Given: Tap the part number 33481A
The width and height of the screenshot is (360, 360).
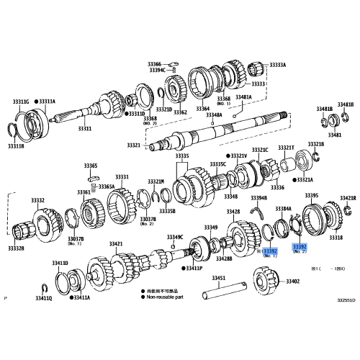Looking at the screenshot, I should pyautogui.click(x=244, y=97).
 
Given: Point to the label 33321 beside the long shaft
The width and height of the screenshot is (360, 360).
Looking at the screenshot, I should pyautogui.click(x=134, y=145).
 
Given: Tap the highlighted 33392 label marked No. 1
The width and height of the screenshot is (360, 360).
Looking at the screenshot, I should pyautogui.click(x=269, y=251).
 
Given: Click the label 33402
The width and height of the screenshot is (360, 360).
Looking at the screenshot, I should pyautogui.click(x=292, y=282).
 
